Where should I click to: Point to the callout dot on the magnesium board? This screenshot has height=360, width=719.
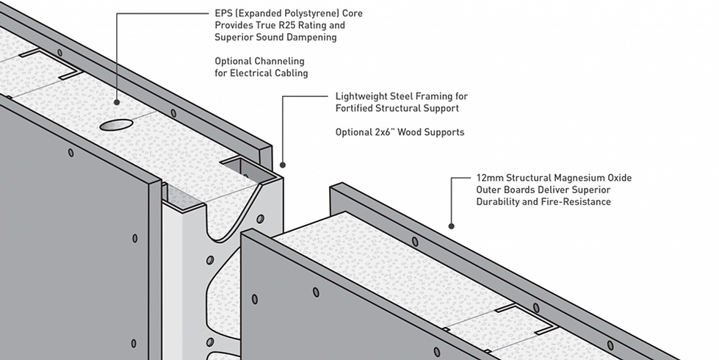point(451,226)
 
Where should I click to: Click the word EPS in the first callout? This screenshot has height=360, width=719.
point(223,14)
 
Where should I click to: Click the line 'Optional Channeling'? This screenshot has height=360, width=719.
point(259,61)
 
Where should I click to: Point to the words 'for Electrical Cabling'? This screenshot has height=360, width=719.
point(261,73)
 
